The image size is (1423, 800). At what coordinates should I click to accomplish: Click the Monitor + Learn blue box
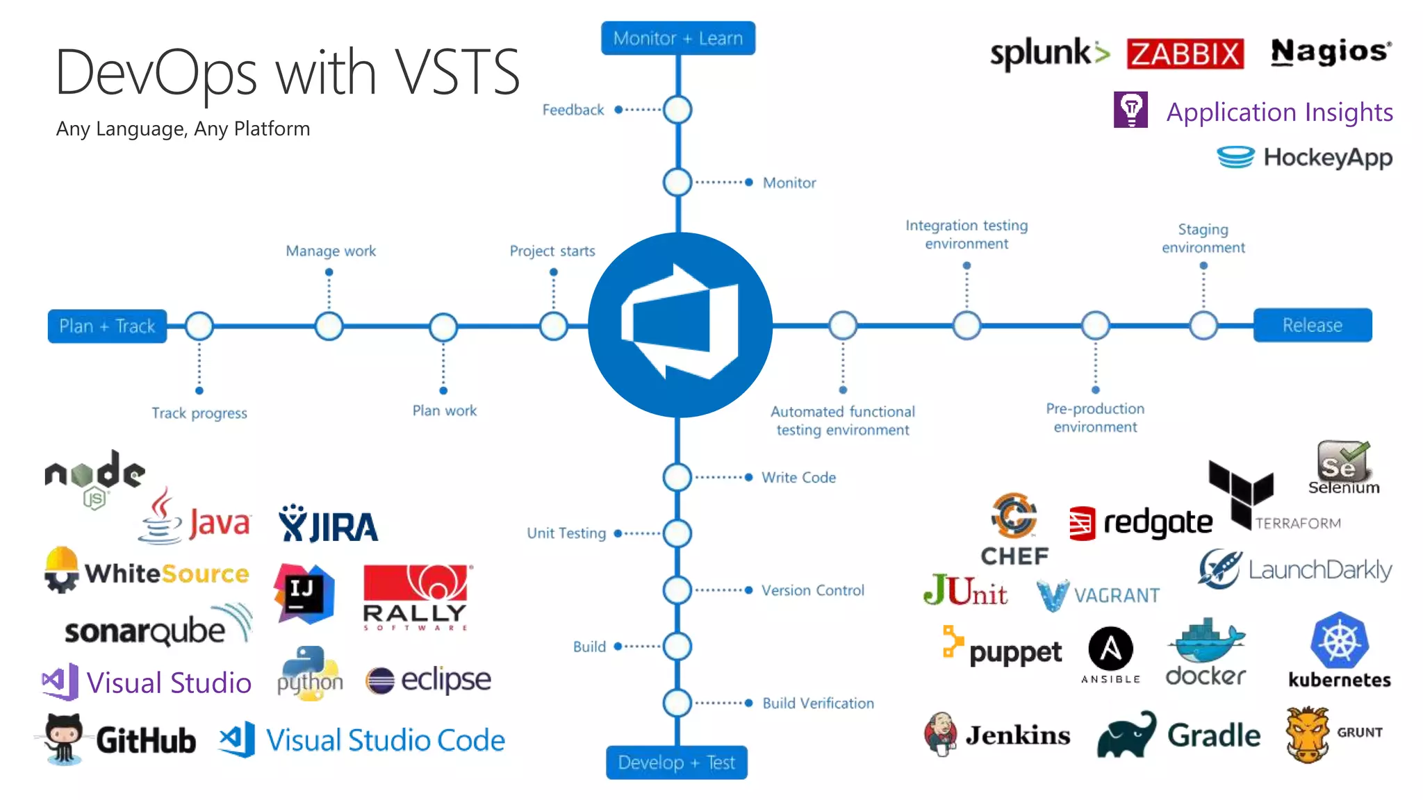point(677,38)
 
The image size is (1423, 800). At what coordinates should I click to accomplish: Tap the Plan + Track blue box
point(107,326)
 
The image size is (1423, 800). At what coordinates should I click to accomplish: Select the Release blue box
point(1312,325)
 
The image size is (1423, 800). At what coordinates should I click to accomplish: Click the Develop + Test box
point(676,762)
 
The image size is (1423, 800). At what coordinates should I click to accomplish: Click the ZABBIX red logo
point(1185,53)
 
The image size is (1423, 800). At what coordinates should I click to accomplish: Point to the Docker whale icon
point(1206,642)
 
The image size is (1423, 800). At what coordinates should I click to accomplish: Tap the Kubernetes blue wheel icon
point(1339,640)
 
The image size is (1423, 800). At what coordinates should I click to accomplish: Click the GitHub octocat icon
point(63,738)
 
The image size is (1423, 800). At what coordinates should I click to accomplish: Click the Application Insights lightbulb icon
point(1130,110)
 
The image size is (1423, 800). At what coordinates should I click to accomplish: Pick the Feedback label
point(573,110)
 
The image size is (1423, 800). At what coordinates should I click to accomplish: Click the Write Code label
point(798,478)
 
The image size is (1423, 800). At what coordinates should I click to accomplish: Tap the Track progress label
point(199,413)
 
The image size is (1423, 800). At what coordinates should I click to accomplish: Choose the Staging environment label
point(1203,238)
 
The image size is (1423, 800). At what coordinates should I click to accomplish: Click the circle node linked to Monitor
point(677,183)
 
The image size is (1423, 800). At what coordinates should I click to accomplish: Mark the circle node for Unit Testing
point(677,533)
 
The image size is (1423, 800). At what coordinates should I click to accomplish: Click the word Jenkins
point(1017,735)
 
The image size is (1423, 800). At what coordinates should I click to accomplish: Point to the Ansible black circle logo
point(1110,649)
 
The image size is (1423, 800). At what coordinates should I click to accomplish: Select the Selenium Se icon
point(1342,461)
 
